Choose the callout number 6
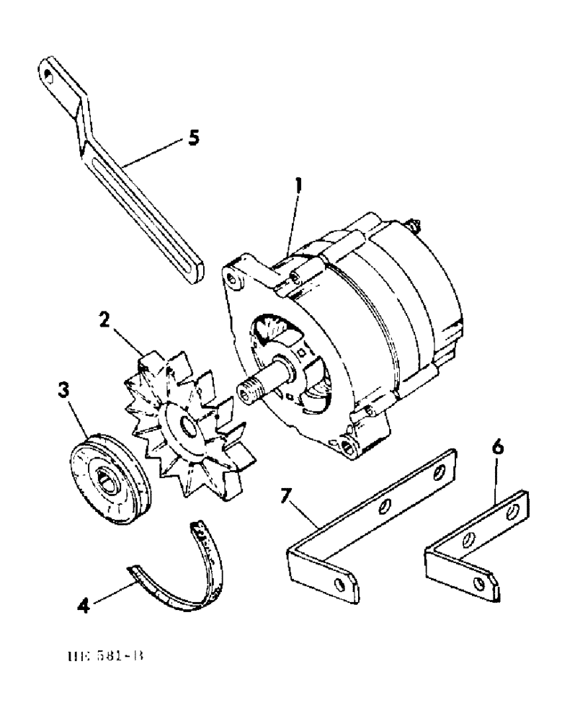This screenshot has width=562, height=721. tap(497, 447)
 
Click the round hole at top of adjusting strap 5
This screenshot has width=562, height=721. tap(48, 73)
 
